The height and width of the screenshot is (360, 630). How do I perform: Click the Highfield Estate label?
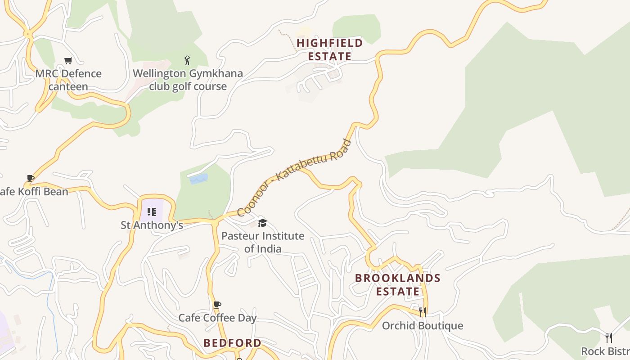coord(330,49)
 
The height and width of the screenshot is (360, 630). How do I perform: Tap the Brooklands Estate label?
coord(398,284)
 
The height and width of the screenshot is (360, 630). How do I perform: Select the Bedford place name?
coord(232,343)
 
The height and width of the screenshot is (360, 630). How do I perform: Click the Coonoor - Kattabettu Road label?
coord(294,178)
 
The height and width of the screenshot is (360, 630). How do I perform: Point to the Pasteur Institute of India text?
coord(263,242)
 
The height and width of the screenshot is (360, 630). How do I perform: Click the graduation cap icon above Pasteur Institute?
coord(262,223)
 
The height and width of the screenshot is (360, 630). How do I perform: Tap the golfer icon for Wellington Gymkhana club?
coord(188,60)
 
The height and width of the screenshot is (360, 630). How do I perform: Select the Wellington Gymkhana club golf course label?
coord(188,80)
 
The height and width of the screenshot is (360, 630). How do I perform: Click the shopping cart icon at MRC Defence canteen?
coord(68,60)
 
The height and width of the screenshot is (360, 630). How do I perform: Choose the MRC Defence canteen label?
coord(68,80)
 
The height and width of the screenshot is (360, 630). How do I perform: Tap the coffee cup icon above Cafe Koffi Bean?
coord(31,179)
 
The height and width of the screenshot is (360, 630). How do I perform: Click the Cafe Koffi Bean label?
coord(34,192)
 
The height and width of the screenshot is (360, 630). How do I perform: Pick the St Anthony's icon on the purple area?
coord(152,211)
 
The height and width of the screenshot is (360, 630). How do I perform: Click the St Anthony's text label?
coord(152,225)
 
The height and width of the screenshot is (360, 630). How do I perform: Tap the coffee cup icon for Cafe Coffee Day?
coord(217,305)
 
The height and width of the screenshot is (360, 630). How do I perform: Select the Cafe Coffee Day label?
coord(217,318)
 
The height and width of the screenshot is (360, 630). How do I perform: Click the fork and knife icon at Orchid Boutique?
coord(423,312)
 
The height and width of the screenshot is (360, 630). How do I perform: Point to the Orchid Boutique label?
coord(423,326)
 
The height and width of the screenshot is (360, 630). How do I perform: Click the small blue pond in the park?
coord(198,179)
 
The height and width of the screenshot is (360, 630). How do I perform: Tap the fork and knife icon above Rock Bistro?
coord(609,338)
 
